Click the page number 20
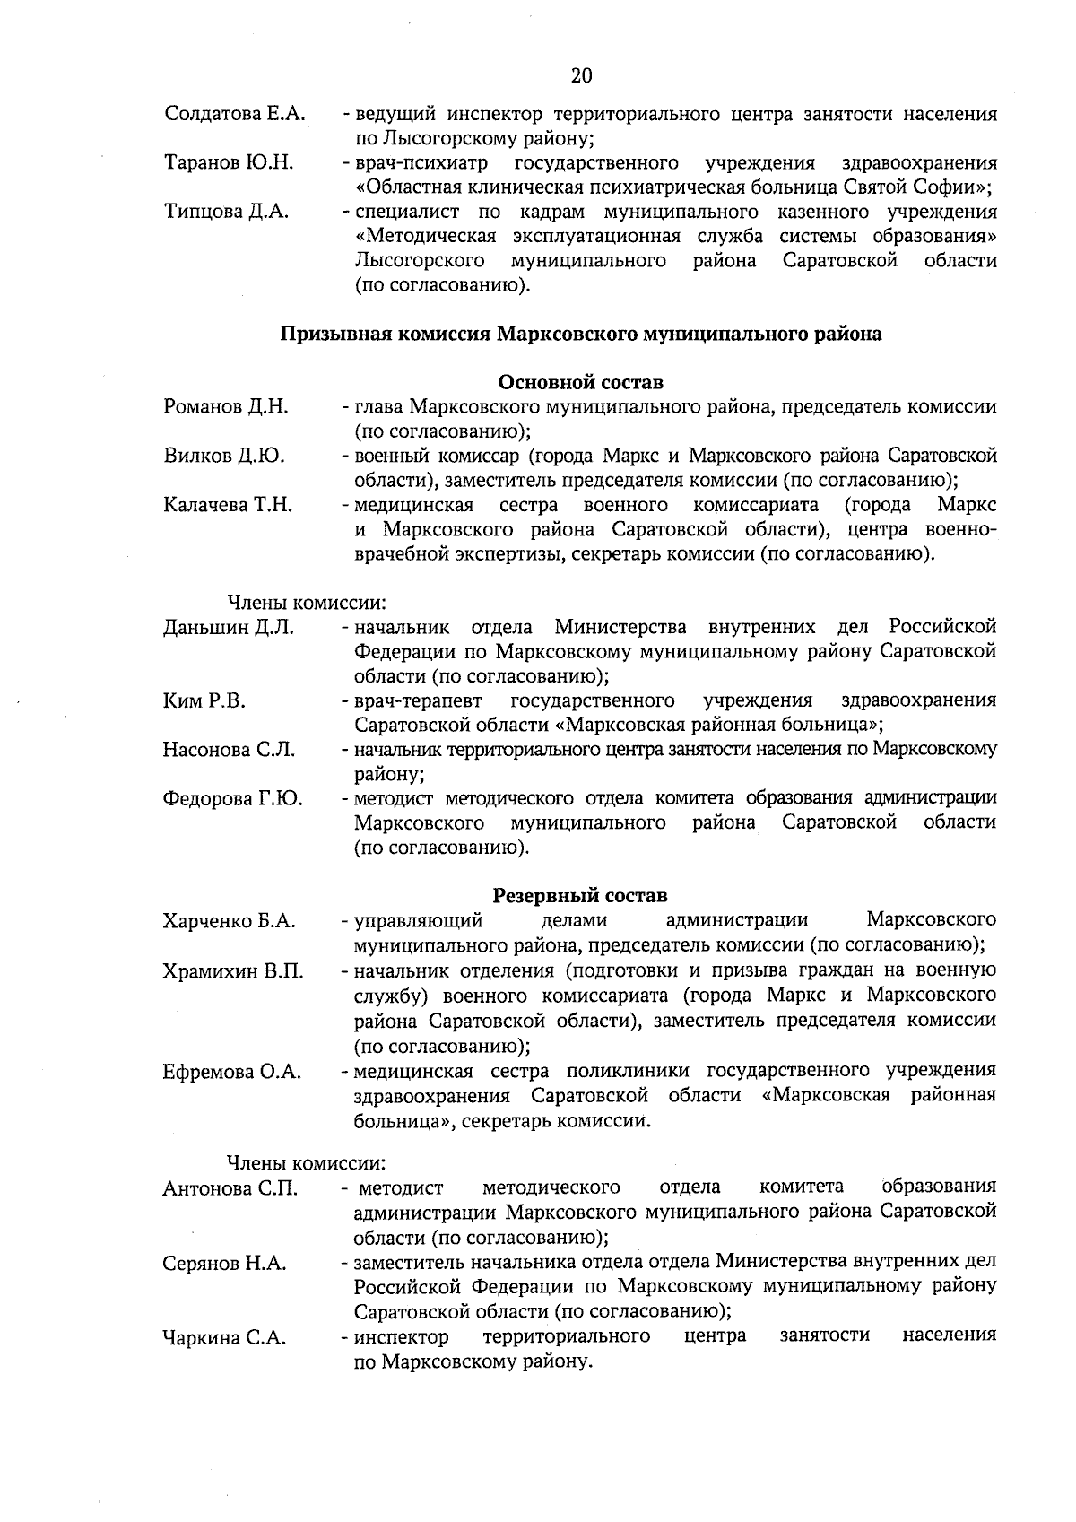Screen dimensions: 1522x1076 tap(581, 75)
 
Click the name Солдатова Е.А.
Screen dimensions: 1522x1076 tap(235, 114)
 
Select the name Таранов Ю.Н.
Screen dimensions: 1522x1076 tap(229, 163)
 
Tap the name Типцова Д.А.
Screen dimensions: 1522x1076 tap(226, 212)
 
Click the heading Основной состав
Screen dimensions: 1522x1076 tap(580, 383)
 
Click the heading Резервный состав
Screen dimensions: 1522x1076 tap(580, 896)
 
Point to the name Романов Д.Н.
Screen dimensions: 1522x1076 tap(226, 407)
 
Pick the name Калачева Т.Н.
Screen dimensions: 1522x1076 tap(228, 505)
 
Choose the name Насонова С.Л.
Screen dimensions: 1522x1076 tap(229, 750)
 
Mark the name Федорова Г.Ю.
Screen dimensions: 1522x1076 tap(232, 798)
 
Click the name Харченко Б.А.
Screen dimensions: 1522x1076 tap(230, 921)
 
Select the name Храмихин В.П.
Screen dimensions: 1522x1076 tap(233, 971)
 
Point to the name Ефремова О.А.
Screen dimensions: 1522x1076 tap(231, 1072)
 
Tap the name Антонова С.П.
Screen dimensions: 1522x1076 tap(230, 1189)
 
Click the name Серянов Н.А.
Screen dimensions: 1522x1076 tap(224, 1264)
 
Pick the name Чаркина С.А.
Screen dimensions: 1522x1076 tap(224, 1338)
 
